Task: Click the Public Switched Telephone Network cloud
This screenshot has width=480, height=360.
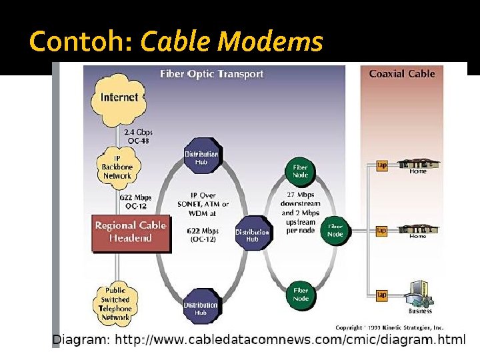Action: (117, 303)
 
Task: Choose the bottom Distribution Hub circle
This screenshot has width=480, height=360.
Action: (201, 309)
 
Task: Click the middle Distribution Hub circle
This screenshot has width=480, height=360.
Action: (251, 233)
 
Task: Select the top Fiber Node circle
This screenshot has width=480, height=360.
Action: (300, 170)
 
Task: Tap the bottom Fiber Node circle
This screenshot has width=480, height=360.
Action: (300, 294)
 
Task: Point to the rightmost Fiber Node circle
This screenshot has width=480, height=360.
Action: (335, 231)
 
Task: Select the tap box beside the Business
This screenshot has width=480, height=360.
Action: (382, 294)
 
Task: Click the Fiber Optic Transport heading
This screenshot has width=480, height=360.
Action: (211, 73)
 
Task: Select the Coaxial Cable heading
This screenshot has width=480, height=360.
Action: (402, 73)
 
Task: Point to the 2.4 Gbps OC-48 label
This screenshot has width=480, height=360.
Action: (137, 135)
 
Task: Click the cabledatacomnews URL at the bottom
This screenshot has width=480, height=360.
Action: (290, 340)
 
